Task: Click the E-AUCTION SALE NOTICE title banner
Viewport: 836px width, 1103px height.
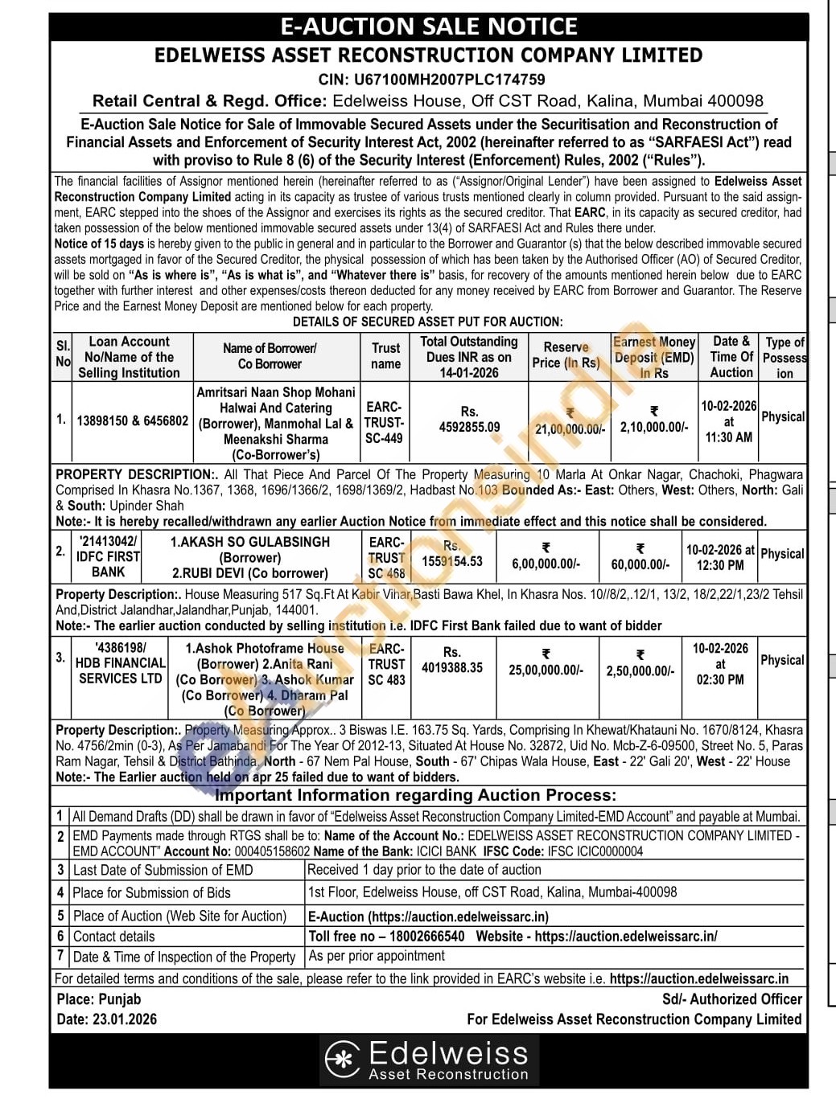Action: click(428, 27)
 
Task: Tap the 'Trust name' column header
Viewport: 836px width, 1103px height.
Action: click(385, 356)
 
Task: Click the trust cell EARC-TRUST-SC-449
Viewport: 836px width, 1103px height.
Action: click(385, 422)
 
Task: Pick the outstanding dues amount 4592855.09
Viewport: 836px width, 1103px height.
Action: click(469, 427)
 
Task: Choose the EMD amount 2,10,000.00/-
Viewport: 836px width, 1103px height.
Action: click(653, 428)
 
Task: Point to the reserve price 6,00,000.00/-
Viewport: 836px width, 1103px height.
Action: click(546, 564)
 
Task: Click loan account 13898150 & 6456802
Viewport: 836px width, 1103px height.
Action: click(133, 420)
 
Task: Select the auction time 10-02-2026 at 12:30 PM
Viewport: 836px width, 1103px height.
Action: click(720, 557)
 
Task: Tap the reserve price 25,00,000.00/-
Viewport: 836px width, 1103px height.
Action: click(546, 670)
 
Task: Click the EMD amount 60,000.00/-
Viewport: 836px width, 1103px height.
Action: click(640, 564)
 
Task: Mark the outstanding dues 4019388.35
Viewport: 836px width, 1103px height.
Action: click(452, 667)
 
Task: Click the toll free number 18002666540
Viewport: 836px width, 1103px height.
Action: click(426, 936)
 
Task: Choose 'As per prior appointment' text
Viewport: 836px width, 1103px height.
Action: click(377, 956)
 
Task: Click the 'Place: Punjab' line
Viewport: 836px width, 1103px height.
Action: click(99, 999)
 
